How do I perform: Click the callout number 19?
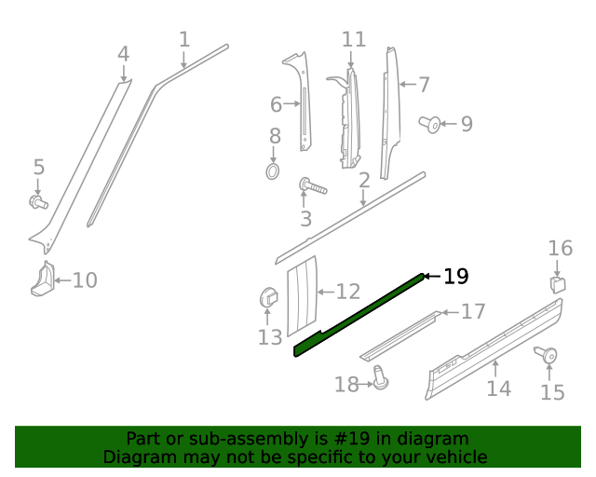455,277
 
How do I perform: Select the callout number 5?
38,168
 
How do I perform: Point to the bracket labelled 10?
43,279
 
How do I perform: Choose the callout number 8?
275,137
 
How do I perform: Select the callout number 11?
354,39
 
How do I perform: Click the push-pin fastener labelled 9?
430,122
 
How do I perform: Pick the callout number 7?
424,85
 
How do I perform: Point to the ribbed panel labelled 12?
301,295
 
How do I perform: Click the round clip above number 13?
267,298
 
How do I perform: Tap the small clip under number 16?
557,282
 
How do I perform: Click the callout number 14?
498,388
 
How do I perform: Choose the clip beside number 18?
379,376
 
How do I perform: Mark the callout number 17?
473,311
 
